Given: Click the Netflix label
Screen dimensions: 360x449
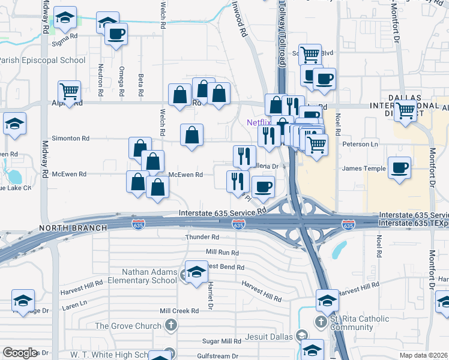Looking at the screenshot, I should click(259, 122).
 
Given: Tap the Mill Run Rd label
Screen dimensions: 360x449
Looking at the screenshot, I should click(222, 253).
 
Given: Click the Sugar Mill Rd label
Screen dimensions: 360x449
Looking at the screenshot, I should click(221, 341).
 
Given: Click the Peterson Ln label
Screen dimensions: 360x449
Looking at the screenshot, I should click(360, 145).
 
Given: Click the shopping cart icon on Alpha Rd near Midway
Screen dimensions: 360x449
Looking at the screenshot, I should click(70, 92).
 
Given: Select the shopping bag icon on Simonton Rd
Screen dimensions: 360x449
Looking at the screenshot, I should click(191, 136).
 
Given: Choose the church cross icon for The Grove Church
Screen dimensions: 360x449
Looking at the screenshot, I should click(171, 326).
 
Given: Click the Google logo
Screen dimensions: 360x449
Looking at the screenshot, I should click(20, 353).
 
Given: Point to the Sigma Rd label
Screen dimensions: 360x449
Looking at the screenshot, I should click(65, 37).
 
